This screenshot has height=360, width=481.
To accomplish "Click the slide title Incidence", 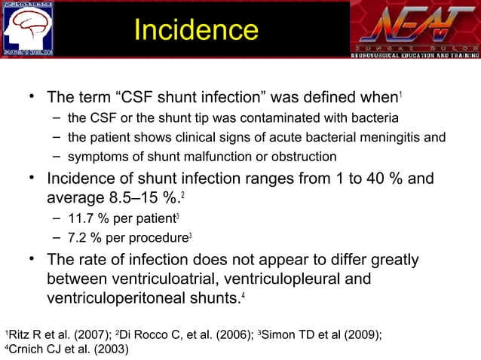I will tap(195, 29).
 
